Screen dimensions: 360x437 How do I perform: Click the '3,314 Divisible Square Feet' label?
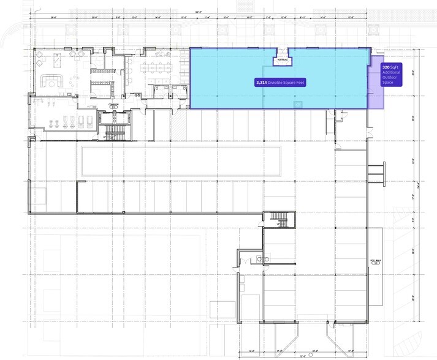(x=280, y=81)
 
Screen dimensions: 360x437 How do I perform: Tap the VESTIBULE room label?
(x=281, y=60)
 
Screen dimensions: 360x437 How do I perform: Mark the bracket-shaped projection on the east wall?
(x=376, y=173)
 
